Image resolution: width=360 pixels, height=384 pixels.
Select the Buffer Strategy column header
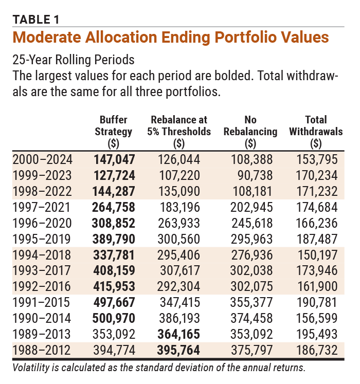(x=113, y=131)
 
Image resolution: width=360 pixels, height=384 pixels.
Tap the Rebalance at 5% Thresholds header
(x=179, y=131)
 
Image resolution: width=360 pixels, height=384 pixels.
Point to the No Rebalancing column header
(x=250, y=131)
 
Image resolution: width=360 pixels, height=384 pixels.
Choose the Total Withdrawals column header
(x=315, y=131)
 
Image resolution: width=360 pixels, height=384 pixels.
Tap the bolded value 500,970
(x=113, y=319)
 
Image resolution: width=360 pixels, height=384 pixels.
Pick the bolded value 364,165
(x=179, y=335)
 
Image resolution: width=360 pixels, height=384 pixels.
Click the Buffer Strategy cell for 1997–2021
(x=113, y=208)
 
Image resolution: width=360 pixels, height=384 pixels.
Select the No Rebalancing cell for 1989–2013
(x=250, y=335)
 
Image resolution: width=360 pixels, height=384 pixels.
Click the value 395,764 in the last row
(x=179, y=351)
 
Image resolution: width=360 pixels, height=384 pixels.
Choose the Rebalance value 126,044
(x=179, y=160)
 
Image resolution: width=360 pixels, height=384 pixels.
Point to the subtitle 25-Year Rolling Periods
(x=74, y=60)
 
